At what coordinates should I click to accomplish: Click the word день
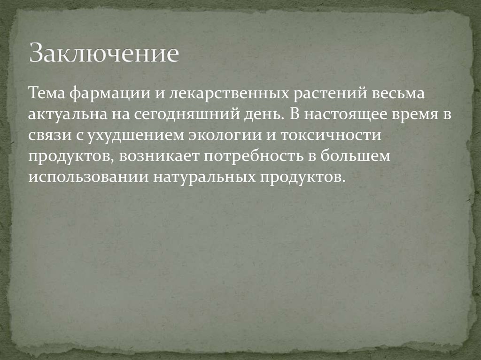263,114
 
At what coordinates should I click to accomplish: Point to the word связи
46,135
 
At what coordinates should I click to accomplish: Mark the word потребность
254,156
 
